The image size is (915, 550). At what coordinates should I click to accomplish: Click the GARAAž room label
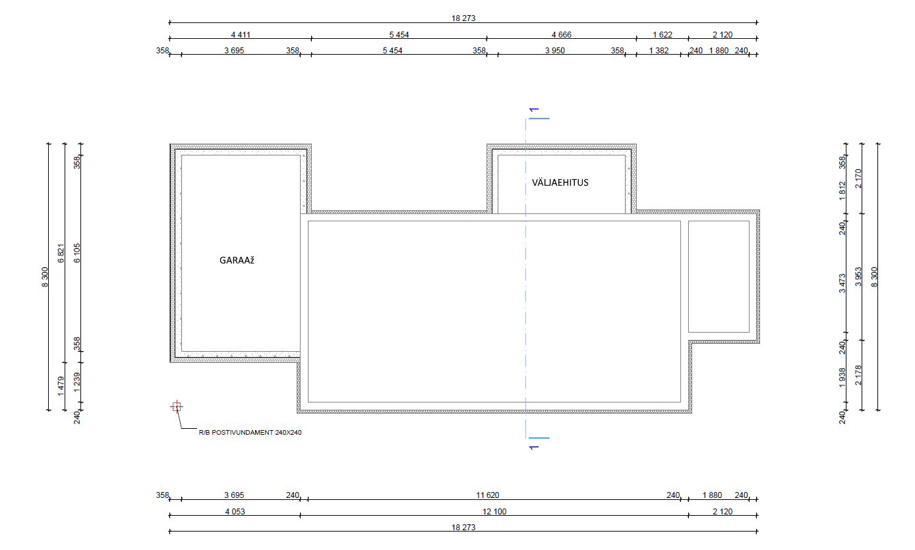point(237,260)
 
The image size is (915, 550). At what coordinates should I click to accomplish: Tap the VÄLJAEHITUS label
point(560,182)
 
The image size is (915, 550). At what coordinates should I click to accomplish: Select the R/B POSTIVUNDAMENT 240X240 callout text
point(250,433)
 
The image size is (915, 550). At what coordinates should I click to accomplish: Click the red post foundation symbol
point(177,406)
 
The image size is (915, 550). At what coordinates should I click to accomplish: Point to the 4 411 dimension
point(241,35)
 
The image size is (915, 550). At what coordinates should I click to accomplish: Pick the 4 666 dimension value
point(561,35)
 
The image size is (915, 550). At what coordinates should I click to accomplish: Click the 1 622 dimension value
point(662,35)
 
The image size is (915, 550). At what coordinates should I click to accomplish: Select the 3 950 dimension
point(554,51)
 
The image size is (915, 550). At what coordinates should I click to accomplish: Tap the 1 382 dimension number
point(659,51)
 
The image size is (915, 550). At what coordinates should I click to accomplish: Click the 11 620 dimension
point(487,495)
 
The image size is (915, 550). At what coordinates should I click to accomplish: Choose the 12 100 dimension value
point(494,512)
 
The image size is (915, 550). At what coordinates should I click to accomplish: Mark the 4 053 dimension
point(235,512)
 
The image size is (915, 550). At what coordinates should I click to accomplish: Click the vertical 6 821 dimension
point(61,254)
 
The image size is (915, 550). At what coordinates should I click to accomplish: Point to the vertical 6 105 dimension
point(76,253)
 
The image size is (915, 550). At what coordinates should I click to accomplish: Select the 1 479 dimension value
point(61,386)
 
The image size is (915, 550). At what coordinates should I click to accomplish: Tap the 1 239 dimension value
point(76,382)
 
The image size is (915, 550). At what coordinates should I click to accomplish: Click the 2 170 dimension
point(858,179)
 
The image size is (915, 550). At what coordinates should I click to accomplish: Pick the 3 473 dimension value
point(842,283)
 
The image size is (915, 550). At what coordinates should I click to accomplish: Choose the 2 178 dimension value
point(858,375)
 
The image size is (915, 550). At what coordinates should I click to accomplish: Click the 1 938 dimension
point(842,378)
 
